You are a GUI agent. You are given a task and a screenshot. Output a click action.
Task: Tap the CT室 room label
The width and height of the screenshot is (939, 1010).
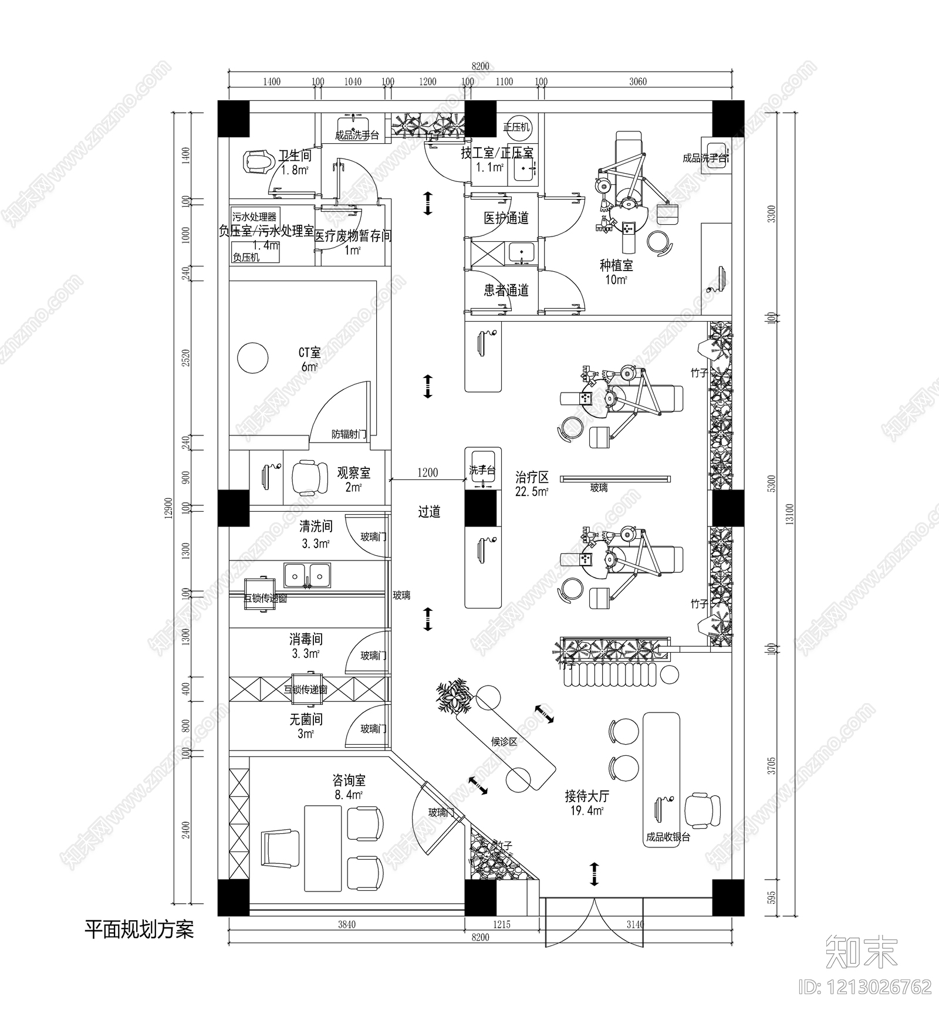(309, 353)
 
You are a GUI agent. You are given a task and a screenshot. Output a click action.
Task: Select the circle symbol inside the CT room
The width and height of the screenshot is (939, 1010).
(253, 357)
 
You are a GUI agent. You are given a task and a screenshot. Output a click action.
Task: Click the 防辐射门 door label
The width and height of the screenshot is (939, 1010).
(349, 434)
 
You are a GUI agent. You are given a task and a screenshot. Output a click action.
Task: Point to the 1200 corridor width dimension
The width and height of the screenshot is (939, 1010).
(427, 472)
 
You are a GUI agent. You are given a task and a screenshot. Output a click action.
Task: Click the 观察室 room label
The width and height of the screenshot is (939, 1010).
(353, 472)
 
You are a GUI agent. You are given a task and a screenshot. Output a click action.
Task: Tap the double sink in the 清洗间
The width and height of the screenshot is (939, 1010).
(308, 576)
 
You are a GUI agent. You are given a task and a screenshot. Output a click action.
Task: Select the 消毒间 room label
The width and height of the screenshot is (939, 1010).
(306, 639)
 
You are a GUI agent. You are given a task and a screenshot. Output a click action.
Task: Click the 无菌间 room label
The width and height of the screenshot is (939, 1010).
(306, 719)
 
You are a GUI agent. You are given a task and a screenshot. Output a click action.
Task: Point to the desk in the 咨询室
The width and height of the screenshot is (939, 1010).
(323, 847)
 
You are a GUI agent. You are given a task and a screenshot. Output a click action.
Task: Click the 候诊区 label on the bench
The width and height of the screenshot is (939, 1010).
(504, 742)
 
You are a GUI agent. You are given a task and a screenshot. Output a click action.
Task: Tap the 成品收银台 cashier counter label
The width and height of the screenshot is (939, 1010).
(668, 837)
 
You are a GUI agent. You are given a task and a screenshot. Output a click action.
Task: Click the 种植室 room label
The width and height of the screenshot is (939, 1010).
(616, 265)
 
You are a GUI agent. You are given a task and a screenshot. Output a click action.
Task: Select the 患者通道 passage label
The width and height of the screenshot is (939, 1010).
(506, 290)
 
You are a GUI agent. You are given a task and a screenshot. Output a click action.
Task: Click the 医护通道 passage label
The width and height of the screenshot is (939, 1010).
(506, 218)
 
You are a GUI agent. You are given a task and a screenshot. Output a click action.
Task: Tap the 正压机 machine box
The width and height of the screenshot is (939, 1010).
(516, 127)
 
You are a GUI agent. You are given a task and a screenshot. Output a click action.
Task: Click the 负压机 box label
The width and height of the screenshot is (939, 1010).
(246, 257)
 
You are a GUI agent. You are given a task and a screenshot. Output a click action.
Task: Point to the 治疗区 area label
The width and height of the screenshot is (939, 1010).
(532, 477)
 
